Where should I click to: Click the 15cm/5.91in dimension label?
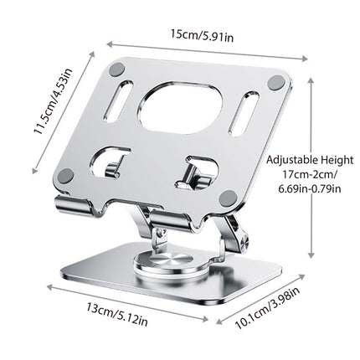coord(202,34)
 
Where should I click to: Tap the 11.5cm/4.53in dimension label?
coord(53,101)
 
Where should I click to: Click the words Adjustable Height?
coord(310,160)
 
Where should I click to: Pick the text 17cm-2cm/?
coord(310,175)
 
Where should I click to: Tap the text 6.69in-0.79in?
coord(310,189)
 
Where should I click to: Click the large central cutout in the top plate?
coord(182,106)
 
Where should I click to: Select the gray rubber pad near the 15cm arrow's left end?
coord(116,69)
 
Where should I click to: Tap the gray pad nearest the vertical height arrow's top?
coord(276,82)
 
